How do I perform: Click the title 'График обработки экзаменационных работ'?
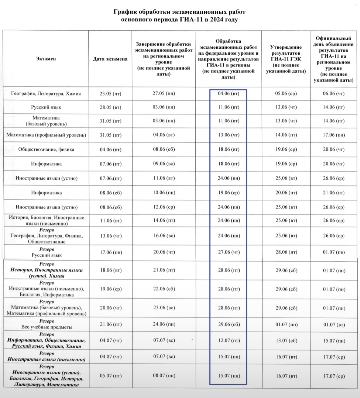[x=179, y=12]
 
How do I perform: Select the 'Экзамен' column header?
[x=46, y=59]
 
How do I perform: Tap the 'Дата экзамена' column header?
[x=110, y=59]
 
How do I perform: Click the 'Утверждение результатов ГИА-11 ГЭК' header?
[x=286, y=59]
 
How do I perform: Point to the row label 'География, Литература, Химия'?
[x=46, y=94]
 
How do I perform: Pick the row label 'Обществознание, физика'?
[x=46, y=149]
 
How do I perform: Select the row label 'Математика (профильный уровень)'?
[x=46, y=135]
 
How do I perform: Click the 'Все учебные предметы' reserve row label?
[x=47, y=327]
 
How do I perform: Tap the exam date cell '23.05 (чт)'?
[x=110, y=94]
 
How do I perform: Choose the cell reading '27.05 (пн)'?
[x=163, y=93]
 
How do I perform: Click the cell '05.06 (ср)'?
[x=286, y=94]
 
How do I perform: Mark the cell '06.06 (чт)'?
[x=333, y=94]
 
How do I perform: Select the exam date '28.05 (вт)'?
[x=110, y=107]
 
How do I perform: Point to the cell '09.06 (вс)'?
[x=163, y=164]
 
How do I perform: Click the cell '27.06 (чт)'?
[x=229, y=252]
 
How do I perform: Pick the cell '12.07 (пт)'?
[x=229, y=341]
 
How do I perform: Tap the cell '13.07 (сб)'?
[x=286, y=341]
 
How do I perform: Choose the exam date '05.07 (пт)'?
[x=110, y=376]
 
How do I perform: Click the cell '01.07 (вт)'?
[x=333, y=324]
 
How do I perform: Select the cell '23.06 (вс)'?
[x=163, y=308]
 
